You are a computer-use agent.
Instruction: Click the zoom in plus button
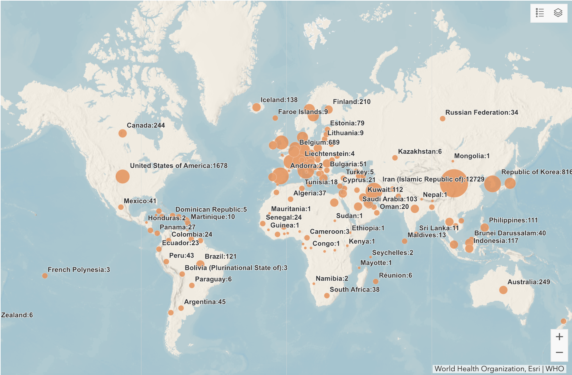(559, 337)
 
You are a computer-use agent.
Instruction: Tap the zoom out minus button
(559, 352)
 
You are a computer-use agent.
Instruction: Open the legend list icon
(540, 13)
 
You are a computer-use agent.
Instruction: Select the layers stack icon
(558, 13)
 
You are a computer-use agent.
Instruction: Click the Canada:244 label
(146, 125)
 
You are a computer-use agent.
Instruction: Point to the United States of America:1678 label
(178, 166)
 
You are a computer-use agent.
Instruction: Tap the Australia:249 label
(528, 282)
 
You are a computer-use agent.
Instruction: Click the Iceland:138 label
(279, 100)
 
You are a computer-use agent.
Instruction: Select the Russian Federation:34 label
(482, 112)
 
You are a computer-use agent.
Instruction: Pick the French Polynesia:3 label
(79, 270)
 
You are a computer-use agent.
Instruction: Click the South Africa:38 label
(354, 290)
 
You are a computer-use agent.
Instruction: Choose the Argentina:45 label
(205, 302)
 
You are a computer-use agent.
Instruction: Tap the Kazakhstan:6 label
(420, 152)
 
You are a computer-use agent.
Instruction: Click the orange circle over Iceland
(256, 107)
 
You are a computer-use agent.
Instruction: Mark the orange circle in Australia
(503, 290)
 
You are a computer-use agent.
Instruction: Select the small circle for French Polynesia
(45, 276)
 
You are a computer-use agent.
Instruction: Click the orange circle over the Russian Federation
(442, 119)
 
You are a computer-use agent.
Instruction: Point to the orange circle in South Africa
(327, 296)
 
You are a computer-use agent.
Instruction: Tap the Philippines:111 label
(513, 220)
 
